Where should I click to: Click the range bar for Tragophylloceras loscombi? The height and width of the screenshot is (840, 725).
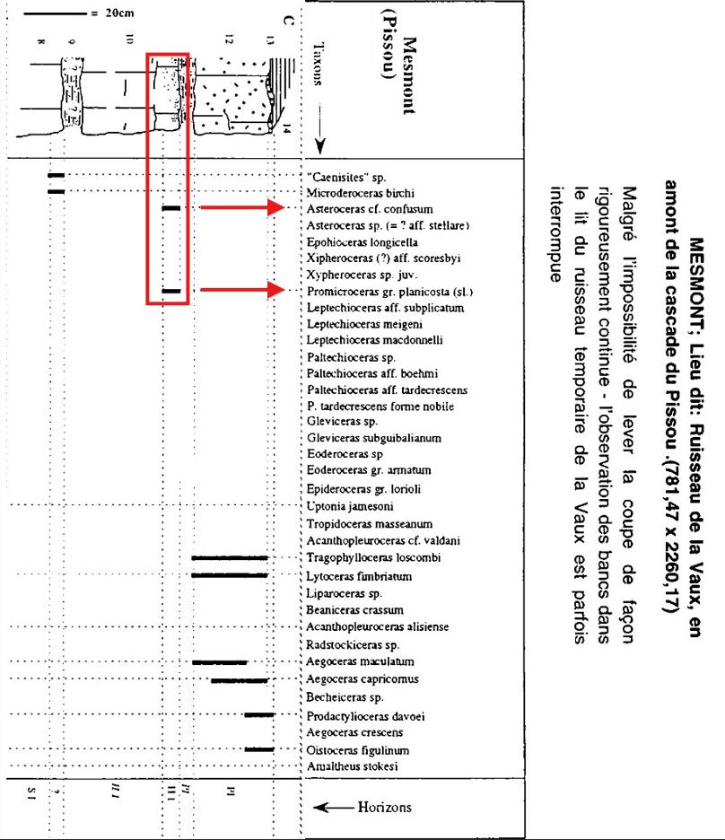click(x=230, y=558)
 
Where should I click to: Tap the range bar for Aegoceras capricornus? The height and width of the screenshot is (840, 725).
click(x=240, y=680)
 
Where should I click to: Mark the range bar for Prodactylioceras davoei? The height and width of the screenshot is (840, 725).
click(x=258, y=715)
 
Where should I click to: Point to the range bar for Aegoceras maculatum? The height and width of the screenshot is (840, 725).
click(x=220, y=662)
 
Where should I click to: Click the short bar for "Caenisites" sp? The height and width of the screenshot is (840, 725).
click(x=57, y=175)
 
